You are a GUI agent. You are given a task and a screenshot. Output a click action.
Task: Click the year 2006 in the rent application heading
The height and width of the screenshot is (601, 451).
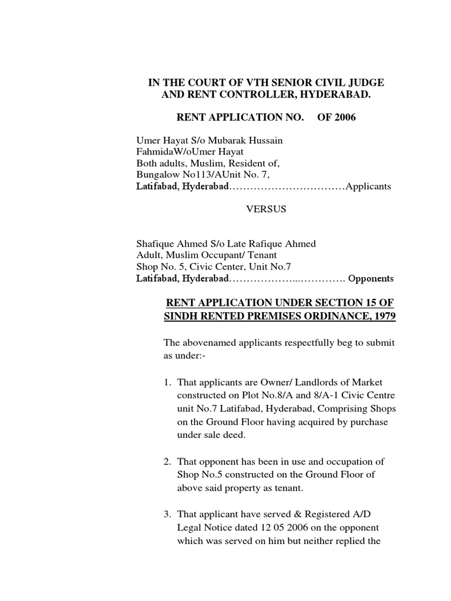[x=344, y=117]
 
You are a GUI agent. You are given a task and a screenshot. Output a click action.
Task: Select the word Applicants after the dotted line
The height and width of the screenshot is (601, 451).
[x=368, y=187]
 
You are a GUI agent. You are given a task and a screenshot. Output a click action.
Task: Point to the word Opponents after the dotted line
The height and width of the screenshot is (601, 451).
[x=371, y=278]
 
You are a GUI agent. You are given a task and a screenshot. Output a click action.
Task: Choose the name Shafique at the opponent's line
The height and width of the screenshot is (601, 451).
[x=154, y=244]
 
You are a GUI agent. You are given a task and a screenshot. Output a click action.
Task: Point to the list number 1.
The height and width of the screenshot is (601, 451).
[x=167, y=383]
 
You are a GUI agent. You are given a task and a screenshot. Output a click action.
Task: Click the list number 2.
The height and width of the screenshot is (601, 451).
[x=167, y=462]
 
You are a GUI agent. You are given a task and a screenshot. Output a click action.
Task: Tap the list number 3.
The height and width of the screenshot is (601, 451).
[x=167, y=515]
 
